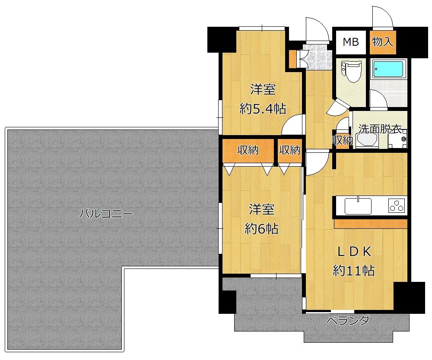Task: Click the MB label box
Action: pyautogui.click(x=351, y=42)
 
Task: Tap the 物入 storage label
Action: pyautogui.click(x=382, y=42)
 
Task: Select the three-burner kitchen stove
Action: pyautogui.click(x=397, y=205)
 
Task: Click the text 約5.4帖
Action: pyautogui.click(x=263, y=109)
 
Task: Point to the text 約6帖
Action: pyautogui.click(x=261, y=229)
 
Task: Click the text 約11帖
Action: pyautogui.click(x=354, y=271)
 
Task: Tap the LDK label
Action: pyautogui.click(x=354, y=252)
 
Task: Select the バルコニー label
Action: pyautogui.click(x=106, y=214)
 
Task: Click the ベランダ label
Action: pyautogui.click(x=348, y=321)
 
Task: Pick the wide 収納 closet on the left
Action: pyautogui.click(x=248, y=151)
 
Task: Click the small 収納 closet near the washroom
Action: pyautogui.click(x=342, y=140)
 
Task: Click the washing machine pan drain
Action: pyautogui.click(x=403, y=139)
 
